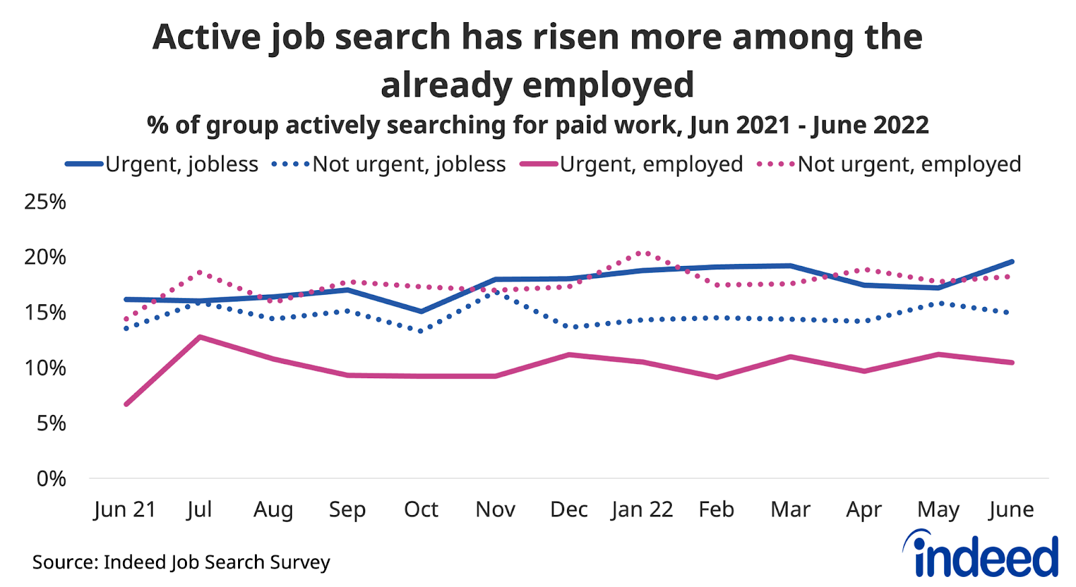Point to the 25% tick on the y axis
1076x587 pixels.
point(45,201)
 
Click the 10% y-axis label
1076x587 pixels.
point(45,368)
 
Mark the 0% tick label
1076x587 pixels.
point(51,479)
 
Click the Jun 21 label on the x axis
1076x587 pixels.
point(125,510)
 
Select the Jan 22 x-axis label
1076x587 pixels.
point(642,510)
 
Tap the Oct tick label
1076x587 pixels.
point(421,510)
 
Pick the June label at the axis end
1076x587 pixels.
point(1011,510)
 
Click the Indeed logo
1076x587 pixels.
point(982,554)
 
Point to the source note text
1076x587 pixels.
point(182,562)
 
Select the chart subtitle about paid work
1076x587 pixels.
point(538,125)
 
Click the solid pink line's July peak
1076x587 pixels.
point(200,336)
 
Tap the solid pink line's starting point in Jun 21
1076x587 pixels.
point(126,404)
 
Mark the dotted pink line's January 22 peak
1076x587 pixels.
point(644,253)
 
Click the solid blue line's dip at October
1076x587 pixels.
point(421,312)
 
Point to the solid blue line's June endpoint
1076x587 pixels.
point(1012,261)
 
